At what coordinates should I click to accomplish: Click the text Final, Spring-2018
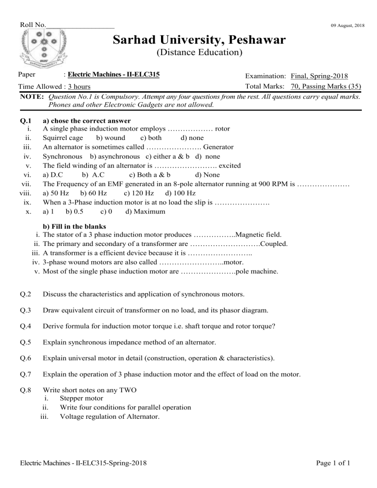[320, 76]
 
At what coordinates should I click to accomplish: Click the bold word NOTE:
[32, 96]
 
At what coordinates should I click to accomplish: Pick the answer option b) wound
[110, 138]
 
